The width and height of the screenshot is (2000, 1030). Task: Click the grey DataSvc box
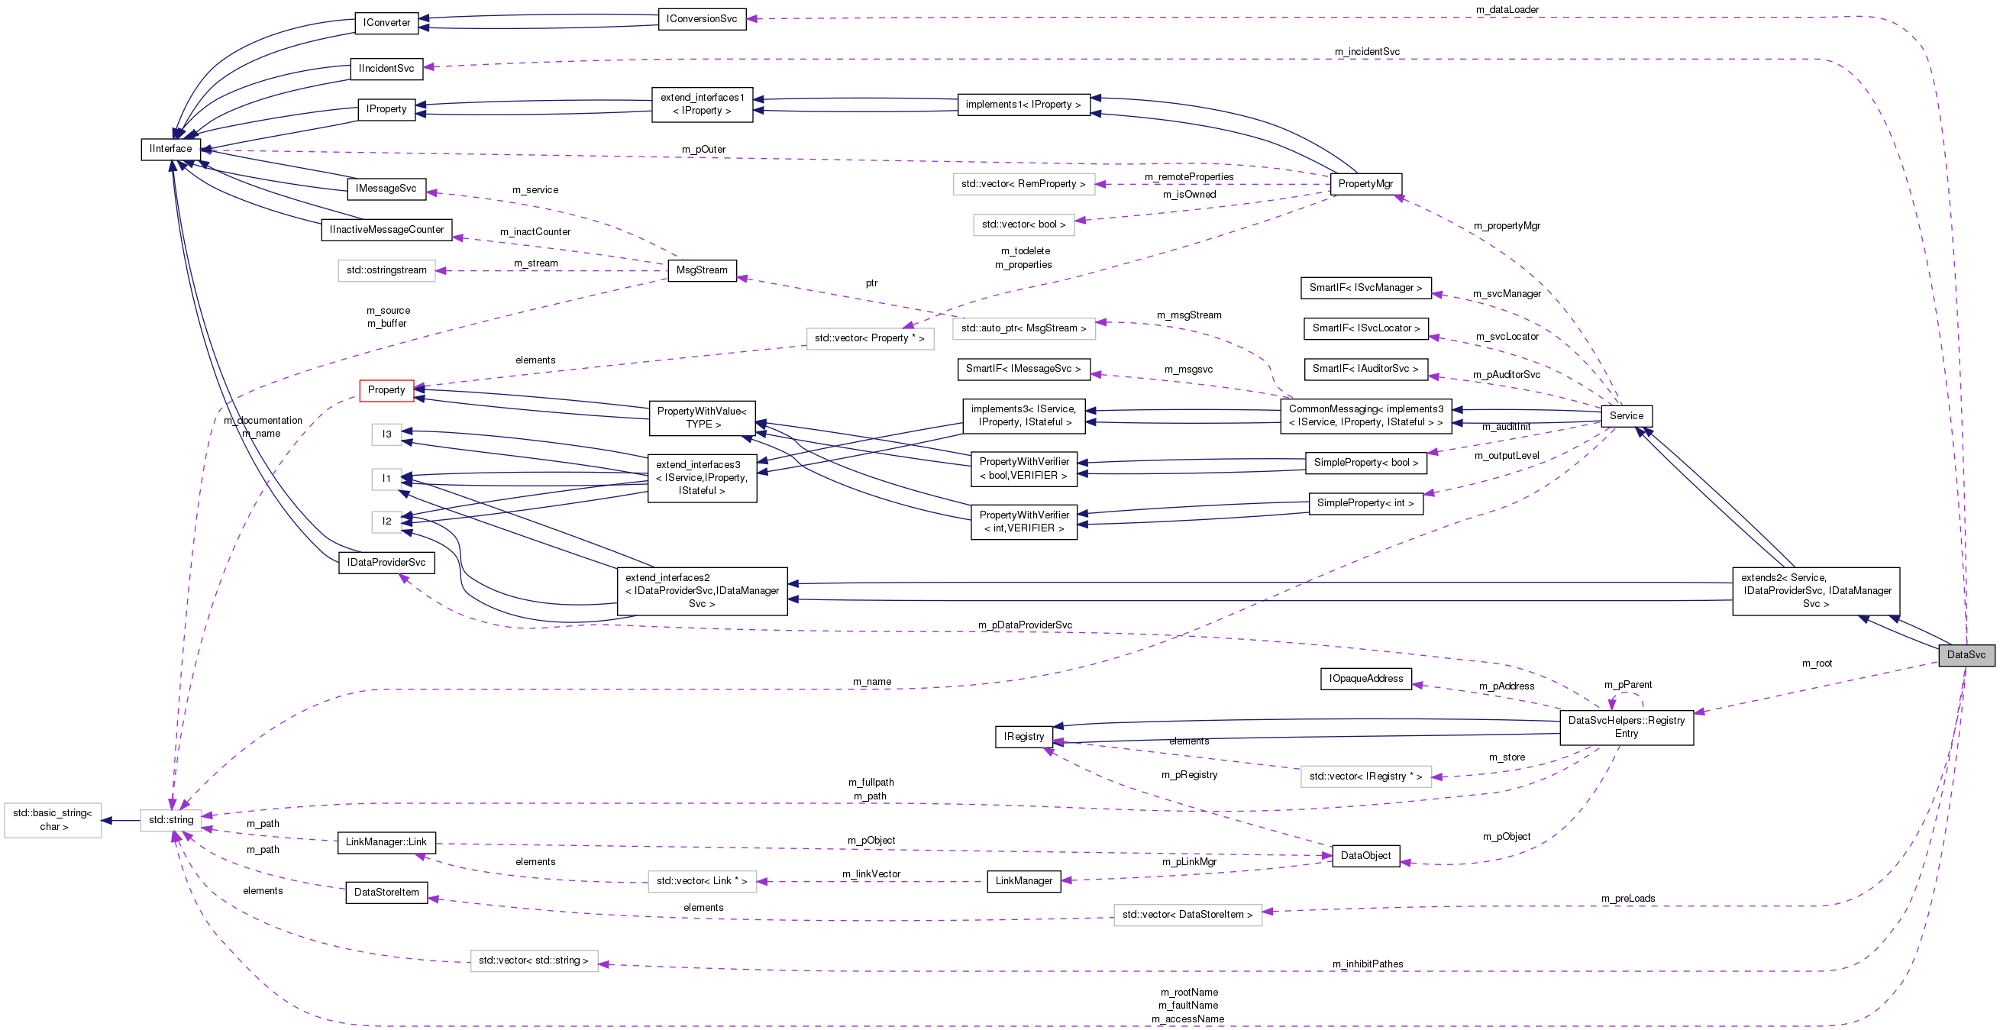(1965, 654)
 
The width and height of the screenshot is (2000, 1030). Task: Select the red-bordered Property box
(386, 389)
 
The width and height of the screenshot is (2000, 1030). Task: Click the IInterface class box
(171, 148)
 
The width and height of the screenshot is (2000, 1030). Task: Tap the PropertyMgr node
(1365, 184)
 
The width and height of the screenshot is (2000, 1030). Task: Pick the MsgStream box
(701, 270)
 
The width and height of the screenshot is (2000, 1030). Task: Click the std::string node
(171, 820)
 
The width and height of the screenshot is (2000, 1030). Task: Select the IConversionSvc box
(701, 18)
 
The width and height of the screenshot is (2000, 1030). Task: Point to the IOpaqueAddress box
(1365, 678)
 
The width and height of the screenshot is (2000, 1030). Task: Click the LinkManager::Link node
(386, 842)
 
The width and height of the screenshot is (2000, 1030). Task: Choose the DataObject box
(1365, 855)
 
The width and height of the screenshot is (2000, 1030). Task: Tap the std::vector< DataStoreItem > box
(1187, 915)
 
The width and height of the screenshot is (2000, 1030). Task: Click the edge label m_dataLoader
(1507, 9)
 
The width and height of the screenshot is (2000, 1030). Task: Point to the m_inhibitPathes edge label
(1367, 964)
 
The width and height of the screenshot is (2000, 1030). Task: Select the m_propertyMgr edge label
(1506, 226)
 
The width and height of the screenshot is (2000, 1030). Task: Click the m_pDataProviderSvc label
(1025, 625)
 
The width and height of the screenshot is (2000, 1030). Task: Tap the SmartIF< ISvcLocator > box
(1365, 328)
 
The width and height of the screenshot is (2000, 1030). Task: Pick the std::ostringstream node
(386, 270)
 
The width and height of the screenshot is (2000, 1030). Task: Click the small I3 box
(386, 434)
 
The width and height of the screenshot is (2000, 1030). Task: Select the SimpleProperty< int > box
(1365, 503)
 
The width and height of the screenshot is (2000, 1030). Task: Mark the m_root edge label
(1816, 664)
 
